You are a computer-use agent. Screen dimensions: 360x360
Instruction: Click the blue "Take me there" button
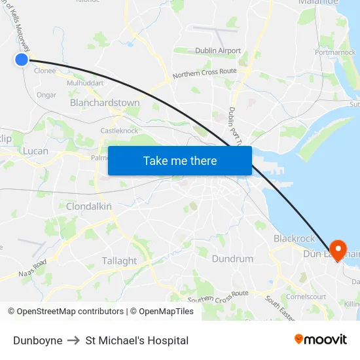(180, 161)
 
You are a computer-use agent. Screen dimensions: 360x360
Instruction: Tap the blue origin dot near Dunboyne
(22, 60)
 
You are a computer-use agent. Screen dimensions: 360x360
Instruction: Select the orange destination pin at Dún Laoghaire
(338, 250)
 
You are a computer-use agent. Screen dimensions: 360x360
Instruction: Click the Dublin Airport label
(218, 50)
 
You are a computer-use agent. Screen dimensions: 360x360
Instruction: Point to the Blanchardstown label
(105, 103)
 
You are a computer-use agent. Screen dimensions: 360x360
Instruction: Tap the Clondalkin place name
(88, 206)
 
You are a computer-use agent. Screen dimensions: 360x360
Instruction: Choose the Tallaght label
(119, 261)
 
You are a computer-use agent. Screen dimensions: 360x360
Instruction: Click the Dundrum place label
(232, 259)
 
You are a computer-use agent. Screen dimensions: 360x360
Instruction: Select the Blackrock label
(294, 239)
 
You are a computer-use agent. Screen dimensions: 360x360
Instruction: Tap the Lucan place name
(35, 151)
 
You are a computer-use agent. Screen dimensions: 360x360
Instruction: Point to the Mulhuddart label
(85, 84)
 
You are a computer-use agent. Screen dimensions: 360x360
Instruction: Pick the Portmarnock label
(335, 52)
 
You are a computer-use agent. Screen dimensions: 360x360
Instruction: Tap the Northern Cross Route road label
(204, 75)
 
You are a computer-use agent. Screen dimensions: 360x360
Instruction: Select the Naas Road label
(33, 268)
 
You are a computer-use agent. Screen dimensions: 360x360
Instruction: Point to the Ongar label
(46, 95)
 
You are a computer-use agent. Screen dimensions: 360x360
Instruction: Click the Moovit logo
(320, 340)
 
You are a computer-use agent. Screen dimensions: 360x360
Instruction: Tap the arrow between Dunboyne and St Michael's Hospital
(74, 340)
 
